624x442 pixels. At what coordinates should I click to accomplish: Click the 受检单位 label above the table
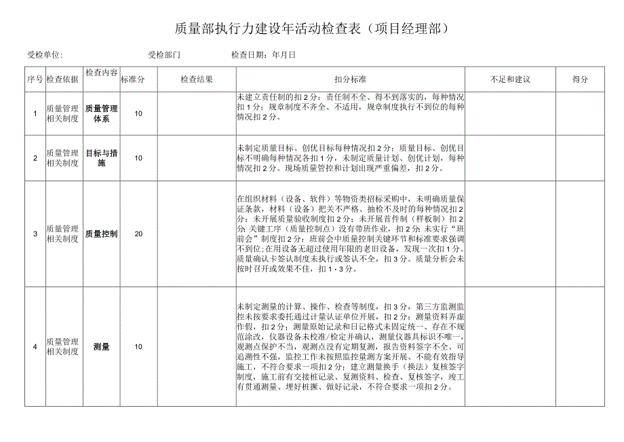45,55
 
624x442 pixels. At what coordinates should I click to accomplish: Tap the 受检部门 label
165,55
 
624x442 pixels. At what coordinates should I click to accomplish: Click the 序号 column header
35,79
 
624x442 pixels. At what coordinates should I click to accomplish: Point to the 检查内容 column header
102,72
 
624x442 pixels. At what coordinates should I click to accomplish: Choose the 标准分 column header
133,79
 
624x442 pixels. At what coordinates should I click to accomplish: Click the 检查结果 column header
197,79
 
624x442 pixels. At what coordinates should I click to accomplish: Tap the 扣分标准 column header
350,79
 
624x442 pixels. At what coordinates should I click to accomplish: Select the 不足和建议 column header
510,79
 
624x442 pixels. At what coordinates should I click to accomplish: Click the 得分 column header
580,79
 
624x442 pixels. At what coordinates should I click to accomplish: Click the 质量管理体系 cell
102,113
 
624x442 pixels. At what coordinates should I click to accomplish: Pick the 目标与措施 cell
102,158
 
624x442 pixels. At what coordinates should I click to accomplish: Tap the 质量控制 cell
102,234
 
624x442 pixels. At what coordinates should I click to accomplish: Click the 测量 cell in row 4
102,347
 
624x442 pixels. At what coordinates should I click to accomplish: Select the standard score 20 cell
138,234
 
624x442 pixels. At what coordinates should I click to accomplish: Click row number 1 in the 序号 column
35,113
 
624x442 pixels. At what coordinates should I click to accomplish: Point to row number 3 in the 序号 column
35,234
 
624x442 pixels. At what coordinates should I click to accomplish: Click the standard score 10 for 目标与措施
138,158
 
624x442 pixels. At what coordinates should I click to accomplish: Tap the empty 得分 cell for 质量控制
580,234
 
